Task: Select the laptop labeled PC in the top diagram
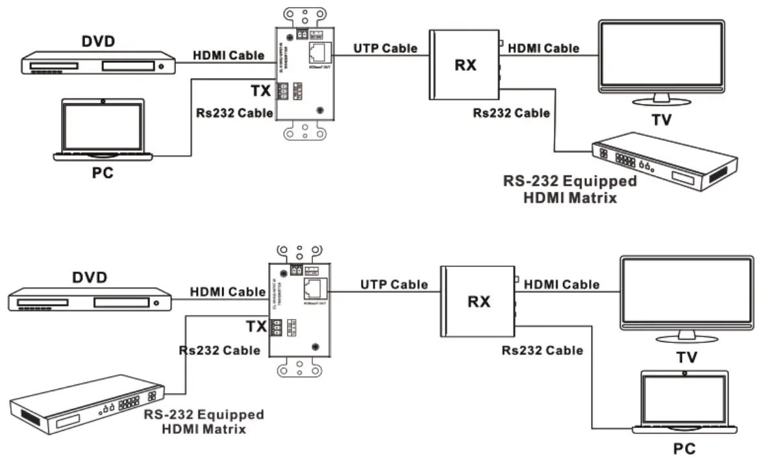click(x=103, y=130)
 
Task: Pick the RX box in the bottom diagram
click(x=479, y=301)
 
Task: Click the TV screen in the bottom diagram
click(x=687, y=294)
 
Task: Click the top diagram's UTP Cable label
click(x=385, y=47)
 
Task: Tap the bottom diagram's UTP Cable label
click(x=394, y=284)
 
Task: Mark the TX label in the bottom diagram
click(x=256, y=326)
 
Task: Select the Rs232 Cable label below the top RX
click(x=511, y=113)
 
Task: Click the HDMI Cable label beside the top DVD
click(x=229, y=56)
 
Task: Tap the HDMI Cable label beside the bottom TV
click(x=562, y=284)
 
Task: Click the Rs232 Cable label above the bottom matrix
click(x=220, y=350)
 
